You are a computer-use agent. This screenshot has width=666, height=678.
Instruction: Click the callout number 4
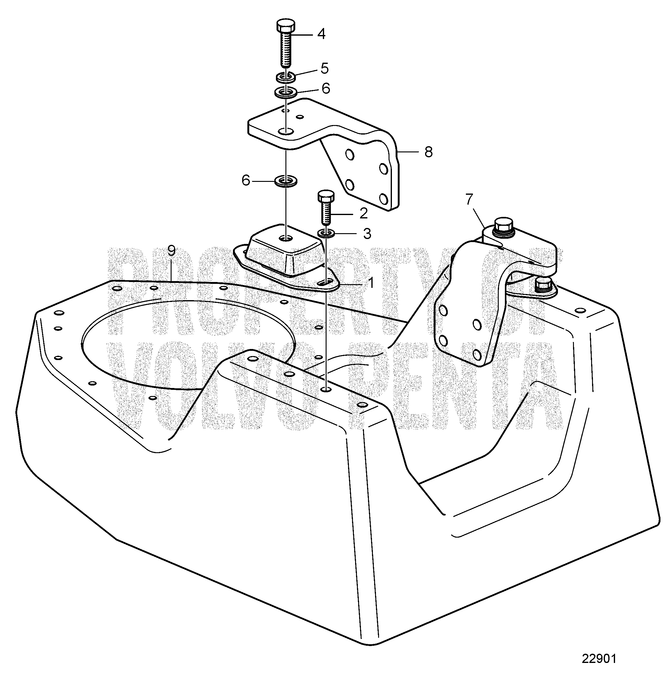pos(321,34)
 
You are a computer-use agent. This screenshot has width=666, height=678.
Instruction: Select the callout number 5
pos(325,68)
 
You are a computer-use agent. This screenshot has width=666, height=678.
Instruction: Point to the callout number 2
pos(364,213)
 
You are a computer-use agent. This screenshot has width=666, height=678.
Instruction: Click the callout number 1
pos(371,283)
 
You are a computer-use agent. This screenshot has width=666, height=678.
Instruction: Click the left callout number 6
pos(246,181)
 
